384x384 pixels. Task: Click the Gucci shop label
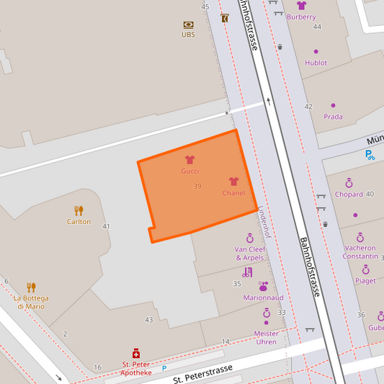click(x=189, y=171)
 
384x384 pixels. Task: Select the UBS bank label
click(x=188, y=34)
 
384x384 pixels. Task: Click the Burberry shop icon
click(x=301, y=6)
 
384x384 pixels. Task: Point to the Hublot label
click(x=316, y=63)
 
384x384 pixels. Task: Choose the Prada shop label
click(x=333, y=117)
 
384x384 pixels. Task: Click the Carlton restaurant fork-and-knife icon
click(x=79, y=210)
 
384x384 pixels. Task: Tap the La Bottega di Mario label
click(x=31, y=302)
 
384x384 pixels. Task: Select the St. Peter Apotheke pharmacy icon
click(x=135, y=354)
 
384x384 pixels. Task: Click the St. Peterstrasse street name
click(x=202, y=372)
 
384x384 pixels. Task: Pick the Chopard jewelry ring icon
click(x=349, y=183)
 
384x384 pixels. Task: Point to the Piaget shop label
click(x=365, y=281)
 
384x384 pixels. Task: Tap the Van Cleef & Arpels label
click(x=249, y=253)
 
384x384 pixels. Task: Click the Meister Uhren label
click(x=266, y=337)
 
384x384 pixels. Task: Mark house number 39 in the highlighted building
click(x=197, y=187)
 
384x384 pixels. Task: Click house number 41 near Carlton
click(x=107, y=226)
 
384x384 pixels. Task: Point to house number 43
click(x=149, y=319)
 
